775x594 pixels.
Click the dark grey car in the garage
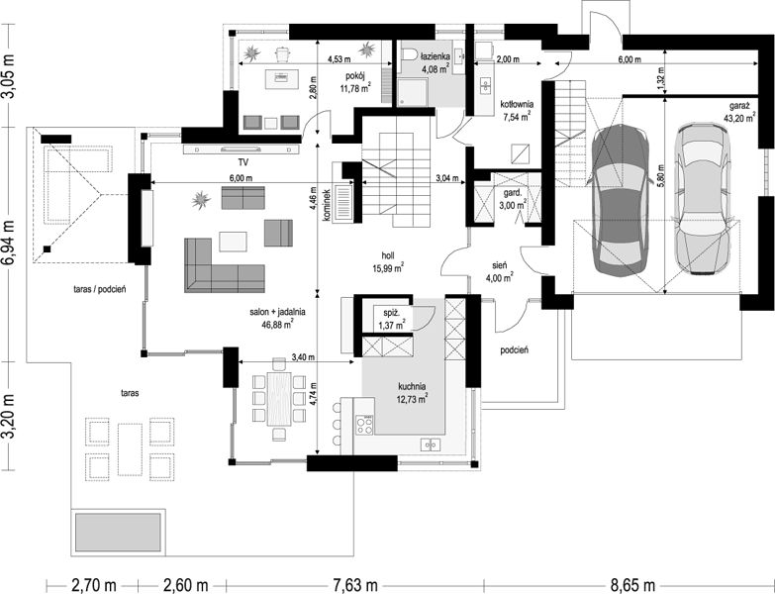tap(620, 200)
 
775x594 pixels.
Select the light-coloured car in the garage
tap(703, 200)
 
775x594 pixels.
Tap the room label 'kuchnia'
tap(412, 386)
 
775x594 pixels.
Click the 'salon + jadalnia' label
tap(277, 312)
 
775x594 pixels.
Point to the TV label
tap(242, 162)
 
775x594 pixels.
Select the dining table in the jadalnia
tap(279, 399)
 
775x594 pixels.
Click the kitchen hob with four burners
tap(365, 425)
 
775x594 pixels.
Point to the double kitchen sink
tap(430, 445)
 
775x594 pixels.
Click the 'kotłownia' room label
tap(517, 105)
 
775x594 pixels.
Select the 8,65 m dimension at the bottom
tap(632, 586)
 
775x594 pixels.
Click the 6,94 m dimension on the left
tap(8, 245)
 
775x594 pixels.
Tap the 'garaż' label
tap(739, 106)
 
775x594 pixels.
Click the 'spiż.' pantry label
tap(391, 313)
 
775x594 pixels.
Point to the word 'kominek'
tap(326, 205)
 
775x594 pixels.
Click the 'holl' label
tap(388, 255)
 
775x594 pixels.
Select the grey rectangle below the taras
tap(118, 533)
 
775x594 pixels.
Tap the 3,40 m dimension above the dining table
tap(303, 357)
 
